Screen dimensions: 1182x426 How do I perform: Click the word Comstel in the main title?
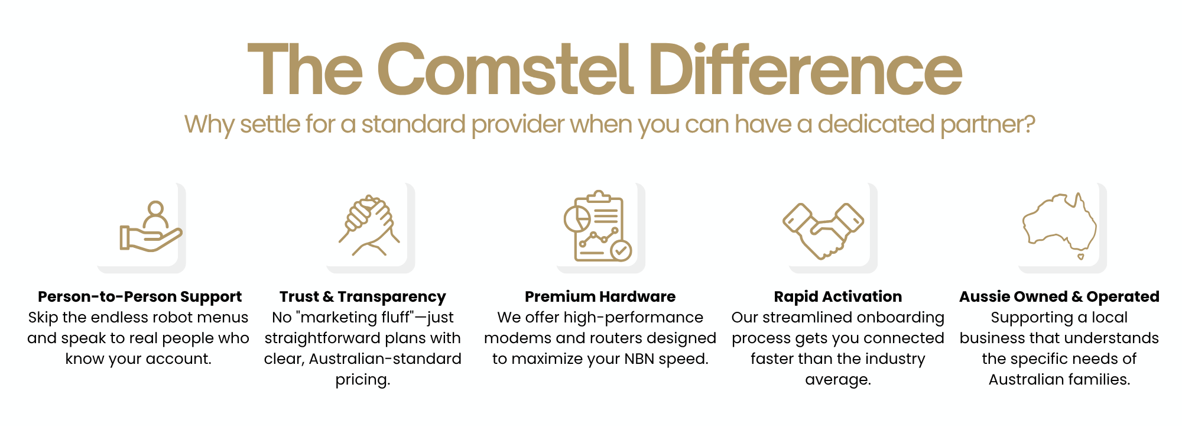coord(506,69)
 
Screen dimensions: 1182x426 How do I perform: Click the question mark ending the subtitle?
coord(1029,124)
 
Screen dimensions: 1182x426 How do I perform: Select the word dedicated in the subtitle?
coord(876,124)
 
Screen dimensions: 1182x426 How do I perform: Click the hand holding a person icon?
coord(151,227)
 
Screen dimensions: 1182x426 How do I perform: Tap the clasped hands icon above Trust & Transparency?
coord(369,225)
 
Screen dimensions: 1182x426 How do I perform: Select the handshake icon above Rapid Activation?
coord(823,231)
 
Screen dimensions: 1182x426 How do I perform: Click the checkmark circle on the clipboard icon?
coord(621,250)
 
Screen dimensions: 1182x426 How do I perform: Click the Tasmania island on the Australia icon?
coord(1080,257)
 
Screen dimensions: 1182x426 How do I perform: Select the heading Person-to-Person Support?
coord(139,296)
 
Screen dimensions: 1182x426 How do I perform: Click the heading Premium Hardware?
coord(600,296)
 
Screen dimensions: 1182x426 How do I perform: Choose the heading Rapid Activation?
coord(838,296)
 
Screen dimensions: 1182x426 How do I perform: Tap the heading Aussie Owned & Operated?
coord(1059,296)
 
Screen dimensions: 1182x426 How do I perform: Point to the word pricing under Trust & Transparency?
coord(363,380)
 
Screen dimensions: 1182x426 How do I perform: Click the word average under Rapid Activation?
coord(838,380)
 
